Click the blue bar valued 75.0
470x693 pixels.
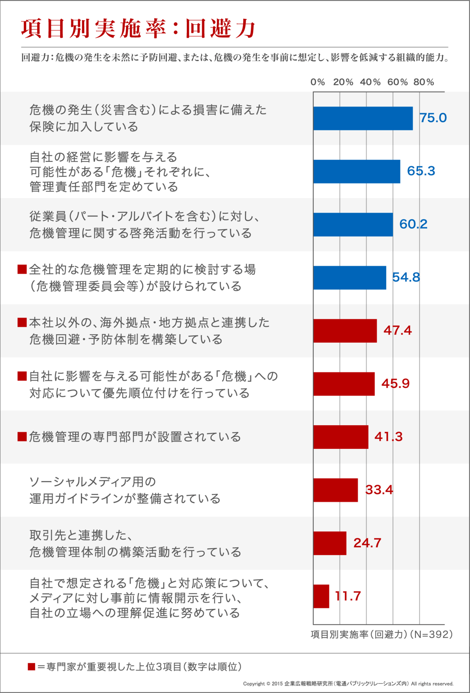coord(363,118)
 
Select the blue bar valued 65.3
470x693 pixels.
coord(357,172)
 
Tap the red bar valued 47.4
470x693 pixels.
coord(345,331)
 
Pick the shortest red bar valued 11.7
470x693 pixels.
coord(321,596)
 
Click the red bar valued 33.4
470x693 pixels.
coord(336,490)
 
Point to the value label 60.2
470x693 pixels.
coord(413,224)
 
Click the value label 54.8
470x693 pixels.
coord(406,277)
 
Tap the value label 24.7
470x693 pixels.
coord(367,543)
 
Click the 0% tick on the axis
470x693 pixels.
coord(317,82)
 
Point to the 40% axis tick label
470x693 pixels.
coord(370,82)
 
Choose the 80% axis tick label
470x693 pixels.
coord(423,82)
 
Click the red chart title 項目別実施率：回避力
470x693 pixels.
coord(139,29)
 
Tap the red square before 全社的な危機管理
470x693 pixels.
coord(22,270)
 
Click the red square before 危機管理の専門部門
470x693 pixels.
coord(22,437)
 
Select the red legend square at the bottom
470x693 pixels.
coord(31,667)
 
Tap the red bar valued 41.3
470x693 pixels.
coord(341,437)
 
